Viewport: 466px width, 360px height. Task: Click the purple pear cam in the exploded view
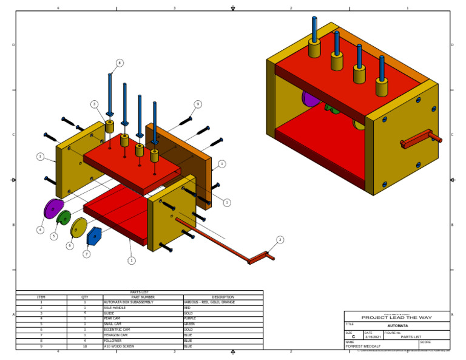pos(53,209)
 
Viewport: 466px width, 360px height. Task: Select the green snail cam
pos(64,217)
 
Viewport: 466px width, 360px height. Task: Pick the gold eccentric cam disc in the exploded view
pos(79,228)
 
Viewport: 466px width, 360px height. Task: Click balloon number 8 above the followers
pos(120,63)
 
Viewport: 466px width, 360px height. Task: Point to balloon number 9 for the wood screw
pos(197,104)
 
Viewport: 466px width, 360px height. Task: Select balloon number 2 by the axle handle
pos(280,240)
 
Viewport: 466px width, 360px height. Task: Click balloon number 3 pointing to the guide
pos(95,104)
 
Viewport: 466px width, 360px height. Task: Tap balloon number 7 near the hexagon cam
pos(86,254)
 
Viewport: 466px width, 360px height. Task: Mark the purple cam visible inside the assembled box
pos(310,98)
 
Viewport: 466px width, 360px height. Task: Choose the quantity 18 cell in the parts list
pos(85,346)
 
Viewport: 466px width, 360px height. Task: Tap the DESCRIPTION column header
pos(223,297)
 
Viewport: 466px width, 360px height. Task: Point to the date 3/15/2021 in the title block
pos(373,336)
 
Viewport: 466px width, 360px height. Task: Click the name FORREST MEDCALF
pos(364,346)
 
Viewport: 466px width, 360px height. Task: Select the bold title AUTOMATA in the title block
pos(397,326)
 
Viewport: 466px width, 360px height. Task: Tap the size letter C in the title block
pos(353,336)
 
